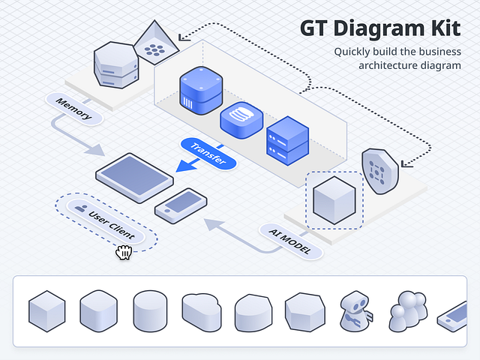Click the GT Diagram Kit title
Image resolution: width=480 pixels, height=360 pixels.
click(380, 28)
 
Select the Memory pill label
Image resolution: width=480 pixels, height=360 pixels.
click(73, 106)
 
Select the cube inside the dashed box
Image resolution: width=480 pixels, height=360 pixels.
click(334, 199)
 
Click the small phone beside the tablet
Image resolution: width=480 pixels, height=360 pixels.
click(181, 204)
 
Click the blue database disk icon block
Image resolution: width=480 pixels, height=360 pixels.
click(241, 119)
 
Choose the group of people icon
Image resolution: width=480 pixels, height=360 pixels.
click(408, 310)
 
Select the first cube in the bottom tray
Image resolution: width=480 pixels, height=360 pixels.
click(49, 310)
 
